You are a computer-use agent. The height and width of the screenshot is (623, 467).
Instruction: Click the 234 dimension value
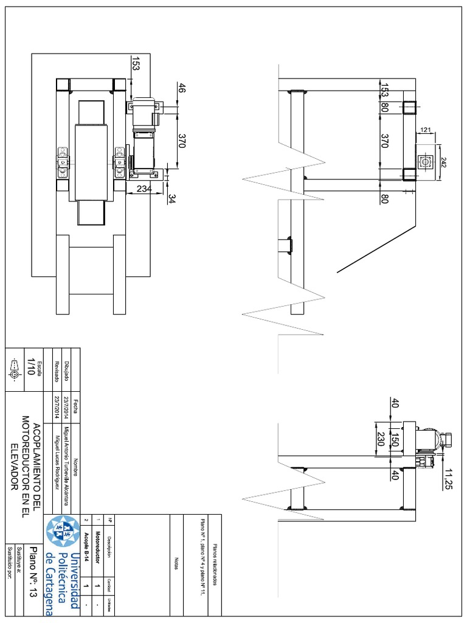[x=144, y=189]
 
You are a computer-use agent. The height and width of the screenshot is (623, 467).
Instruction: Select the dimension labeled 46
[x=181, y=88]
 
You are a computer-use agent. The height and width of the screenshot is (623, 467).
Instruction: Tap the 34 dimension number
[x=171, y=199]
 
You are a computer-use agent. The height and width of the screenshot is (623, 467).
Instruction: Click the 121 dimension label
[x=425, y=130]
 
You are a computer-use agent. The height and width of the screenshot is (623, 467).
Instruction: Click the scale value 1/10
[x=30, y=369]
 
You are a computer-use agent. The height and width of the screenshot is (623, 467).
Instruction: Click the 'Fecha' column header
[x=76, y=405]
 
